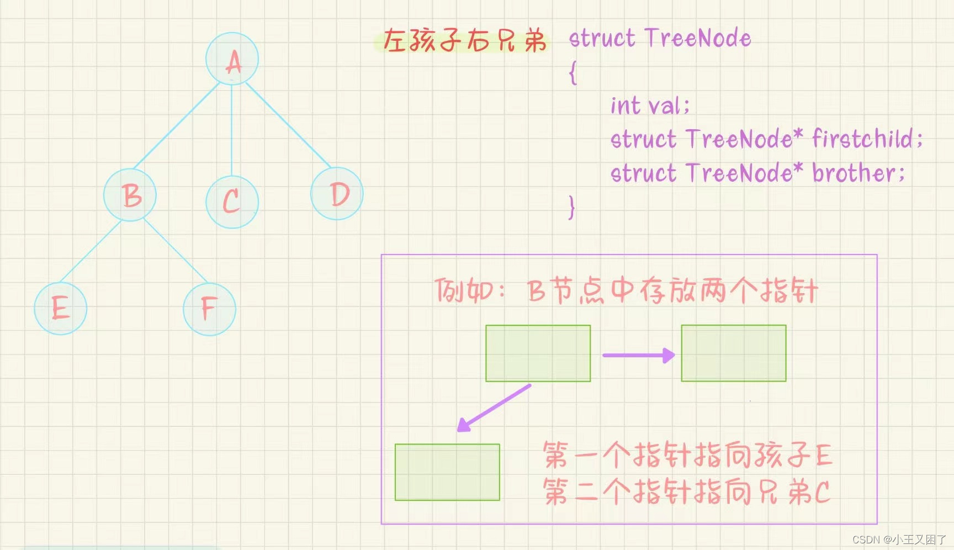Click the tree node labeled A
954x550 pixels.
pos(232,59)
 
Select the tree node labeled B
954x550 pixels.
pos(130,195)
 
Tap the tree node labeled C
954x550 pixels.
pos(232,202)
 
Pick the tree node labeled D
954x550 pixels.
pos(337,193)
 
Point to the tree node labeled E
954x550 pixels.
pos(60,308)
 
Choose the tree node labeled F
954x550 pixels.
pos(209,309)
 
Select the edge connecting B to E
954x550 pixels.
pos(90,251)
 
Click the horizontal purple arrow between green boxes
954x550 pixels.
pos(638,355)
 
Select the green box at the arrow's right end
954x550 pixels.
pos(733,353)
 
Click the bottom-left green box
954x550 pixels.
pos(447,472)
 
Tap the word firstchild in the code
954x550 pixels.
pos(866,139)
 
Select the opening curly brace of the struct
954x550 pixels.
pos(573,72)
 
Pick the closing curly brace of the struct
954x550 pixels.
pos(572,208)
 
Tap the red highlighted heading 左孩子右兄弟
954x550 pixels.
pos(464,40)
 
